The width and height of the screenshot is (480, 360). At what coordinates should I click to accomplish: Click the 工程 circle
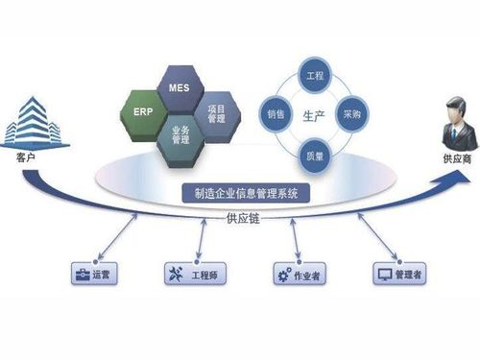click(x=314, y=74)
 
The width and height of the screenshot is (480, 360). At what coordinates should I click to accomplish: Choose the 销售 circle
click(x=276, y=113)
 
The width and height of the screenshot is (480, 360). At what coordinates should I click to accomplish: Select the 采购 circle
click(x=350, y=113)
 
